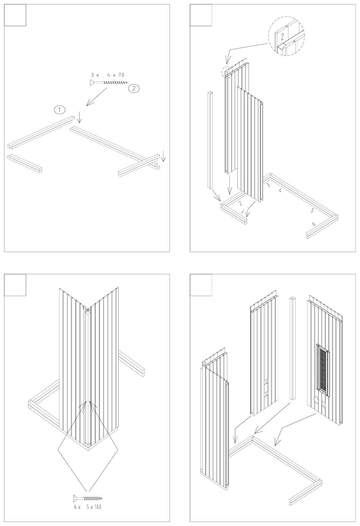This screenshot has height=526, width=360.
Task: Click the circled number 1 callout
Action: pyautogui.click(x=59, y=110)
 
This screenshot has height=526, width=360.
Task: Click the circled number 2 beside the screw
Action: pyautogui.click(x=134, y=88)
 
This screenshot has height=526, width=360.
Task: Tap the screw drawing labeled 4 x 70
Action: pyautogui.click(x=109, y=82)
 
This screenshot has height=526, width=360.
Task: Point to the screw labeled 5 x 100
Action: pyautogui.click(x=88, y=498)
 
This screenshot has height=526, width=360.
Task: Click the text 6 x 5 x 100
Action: pyautogui.click(x=88, y=507)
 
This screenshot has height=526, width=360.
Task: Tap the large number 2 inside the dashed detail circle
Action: pyautogui.click(x=282, y=37)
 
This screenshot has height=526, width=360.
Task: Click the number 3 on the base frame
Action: pyautogui.click(x=268, y=185)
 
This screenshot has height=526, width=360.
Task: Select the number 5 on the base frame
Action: pyautogui.click(x=312, y=210)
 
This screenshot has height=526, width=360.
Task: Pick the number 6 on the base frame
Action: pyautogui.click(x=314, y=224)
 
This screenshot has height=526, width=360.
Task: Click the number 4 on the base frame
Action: pyautogui.click(x=280, y=191)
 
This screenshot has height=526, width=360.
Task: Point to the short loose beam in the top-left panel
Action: pyautogui.click(x=25, y=163)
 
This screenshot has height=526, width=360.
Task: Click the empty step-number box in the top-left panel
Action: pyautogui.click(x=15, y=15)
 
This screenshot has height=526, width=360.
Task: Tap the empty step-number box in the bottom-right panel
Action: pyautogui.click(x=201, y=285)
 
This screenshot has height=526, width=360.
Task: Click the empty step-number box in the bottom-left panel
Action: pyautogui.click(x=15, y=285)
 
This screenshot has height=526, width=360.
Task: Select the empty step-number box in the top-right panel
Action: pyautogui.click(x=201, y=15)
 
